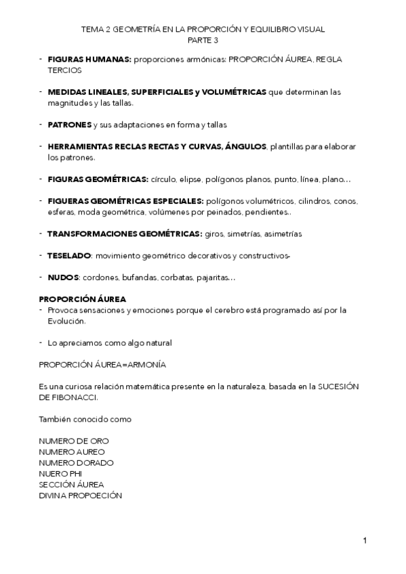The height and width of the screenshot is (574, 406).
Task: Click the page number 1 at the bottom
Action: (365, 540)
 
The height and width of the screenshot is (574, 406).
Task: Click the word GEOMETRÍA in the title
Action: (136, 29)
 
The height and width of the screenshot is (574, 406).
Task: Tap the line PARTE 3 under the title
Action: (203, 39)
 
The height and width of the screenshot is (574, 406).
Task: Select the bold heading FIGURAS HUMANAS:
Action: (89, 60)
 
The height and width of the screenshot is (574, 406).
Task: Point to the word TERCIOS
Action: (64, 70)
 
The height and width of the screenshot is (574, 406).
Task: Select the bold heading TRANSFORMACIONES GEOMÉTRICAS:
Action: (124, 234)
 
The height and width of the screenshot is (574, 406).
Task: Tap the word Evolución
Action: (66, 321)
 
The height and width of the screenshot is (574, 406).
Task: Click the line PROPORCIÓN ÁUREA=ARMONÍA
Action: (102, 365)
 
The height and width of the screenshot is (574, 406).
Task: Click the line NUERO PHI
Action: (60, 474)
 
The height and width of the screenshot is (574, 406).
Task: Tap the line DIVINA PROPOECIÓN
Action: (81, 495)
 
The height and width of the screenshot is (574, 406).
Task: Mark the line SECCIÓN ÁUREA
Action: (71, 485)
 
